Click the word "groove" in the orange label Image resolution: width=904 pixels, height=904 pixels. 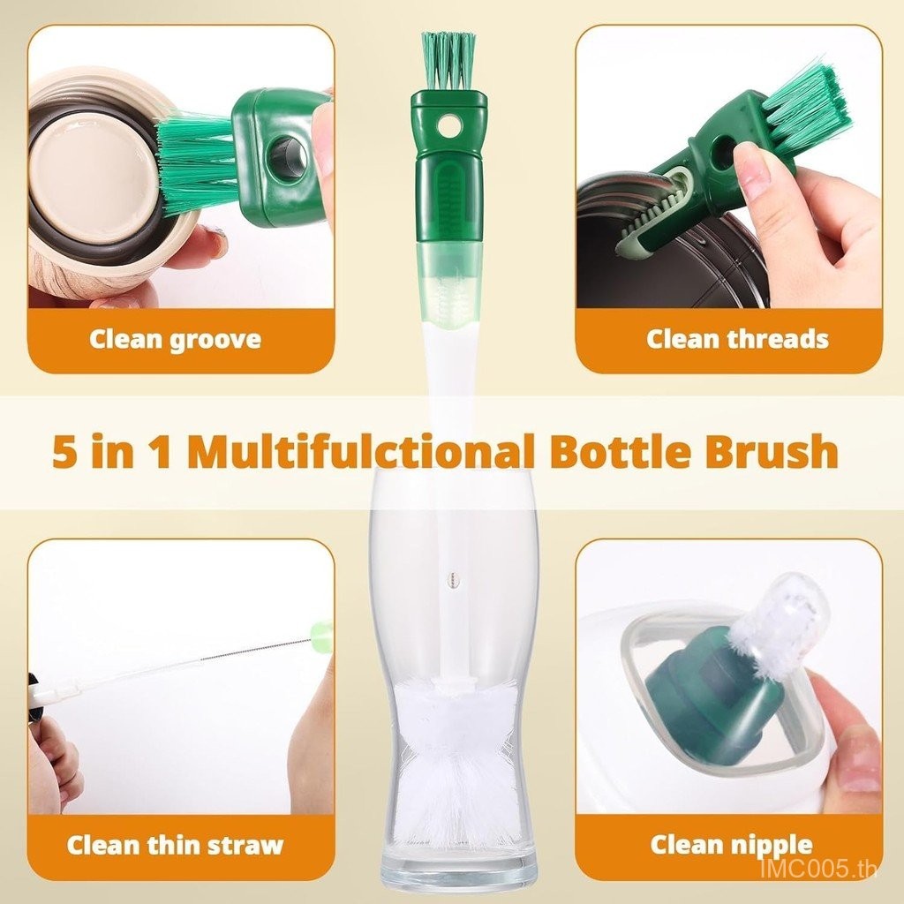[215, 340]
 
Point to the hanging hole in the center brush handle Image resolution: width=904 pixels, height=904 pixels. [447, 124]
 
